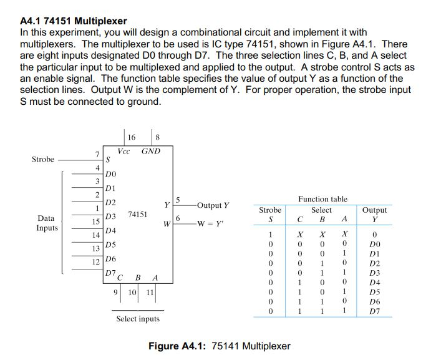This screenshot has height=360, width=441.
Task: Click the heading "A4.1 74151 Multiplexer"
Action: [74, 21]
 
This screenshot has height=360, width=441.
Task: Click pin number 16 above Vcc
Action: [131, 137]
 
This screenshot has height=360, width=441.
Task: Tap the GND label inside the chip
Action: [150, 152]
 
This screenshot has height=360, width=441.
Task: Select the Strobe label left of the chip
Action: [43, 160]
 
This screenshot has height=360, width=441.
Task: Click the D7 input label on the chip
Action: [110, 273]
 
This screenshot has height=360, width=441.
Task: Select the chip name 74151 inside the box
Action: [138, 215]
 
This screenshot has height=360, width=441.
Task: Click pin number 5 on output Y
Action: [178, 200]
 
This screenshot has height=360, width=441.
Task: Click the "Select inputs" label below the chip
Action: [138, 319]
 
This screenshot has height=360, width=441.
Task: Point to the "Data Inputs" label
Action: [47, 223]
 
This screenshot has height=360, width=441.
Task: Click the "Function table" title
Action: [322, 199]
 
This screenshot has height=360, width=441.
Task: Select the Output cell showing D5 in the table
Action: [374, 291]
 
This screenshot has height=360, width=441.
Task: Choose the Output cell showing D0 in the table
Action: [374, 245]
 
